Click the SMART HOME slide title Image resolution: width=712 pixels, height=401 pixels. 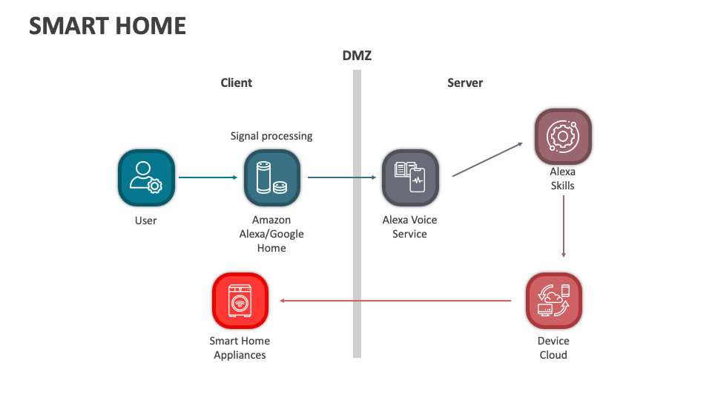108,26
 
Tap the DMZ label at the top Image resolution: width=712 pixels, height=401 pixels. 357,56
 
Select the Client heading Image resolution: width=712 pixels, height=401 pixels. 237,82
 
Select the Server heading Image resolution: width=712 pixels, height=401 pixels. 465,82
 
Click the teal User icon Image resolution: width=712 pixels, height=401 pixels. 146,178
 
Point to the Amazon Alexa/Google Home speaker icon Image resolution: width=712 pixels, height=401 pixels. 271,178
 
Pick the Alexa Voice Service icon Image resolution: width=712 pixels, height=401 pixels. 409,178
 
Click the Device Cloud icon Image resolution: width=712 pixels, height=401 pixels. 553,301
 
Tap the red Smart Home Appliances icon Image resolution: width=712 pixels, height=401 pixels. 240,301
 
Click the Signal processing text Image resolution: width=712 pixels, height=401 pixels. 271,136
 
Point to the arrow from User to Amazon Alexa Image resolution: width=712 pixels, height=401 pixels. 208,177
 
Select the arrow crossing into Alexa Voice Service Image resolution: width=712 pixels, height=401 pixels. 342,177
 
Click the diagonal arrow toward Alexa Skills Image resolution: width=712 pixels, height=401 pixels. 488,160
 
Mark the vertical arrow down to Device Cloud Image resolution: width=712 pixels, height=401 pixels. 564,226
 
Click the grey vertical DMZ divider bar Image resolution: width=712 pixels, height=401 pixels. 357,223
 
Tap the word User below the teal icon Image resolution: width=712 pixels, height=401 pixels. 146,221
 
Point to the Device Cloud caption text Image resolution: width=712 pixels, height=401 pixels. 553,348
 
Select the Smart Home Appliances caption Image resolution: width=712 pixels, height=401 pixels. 240,348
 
